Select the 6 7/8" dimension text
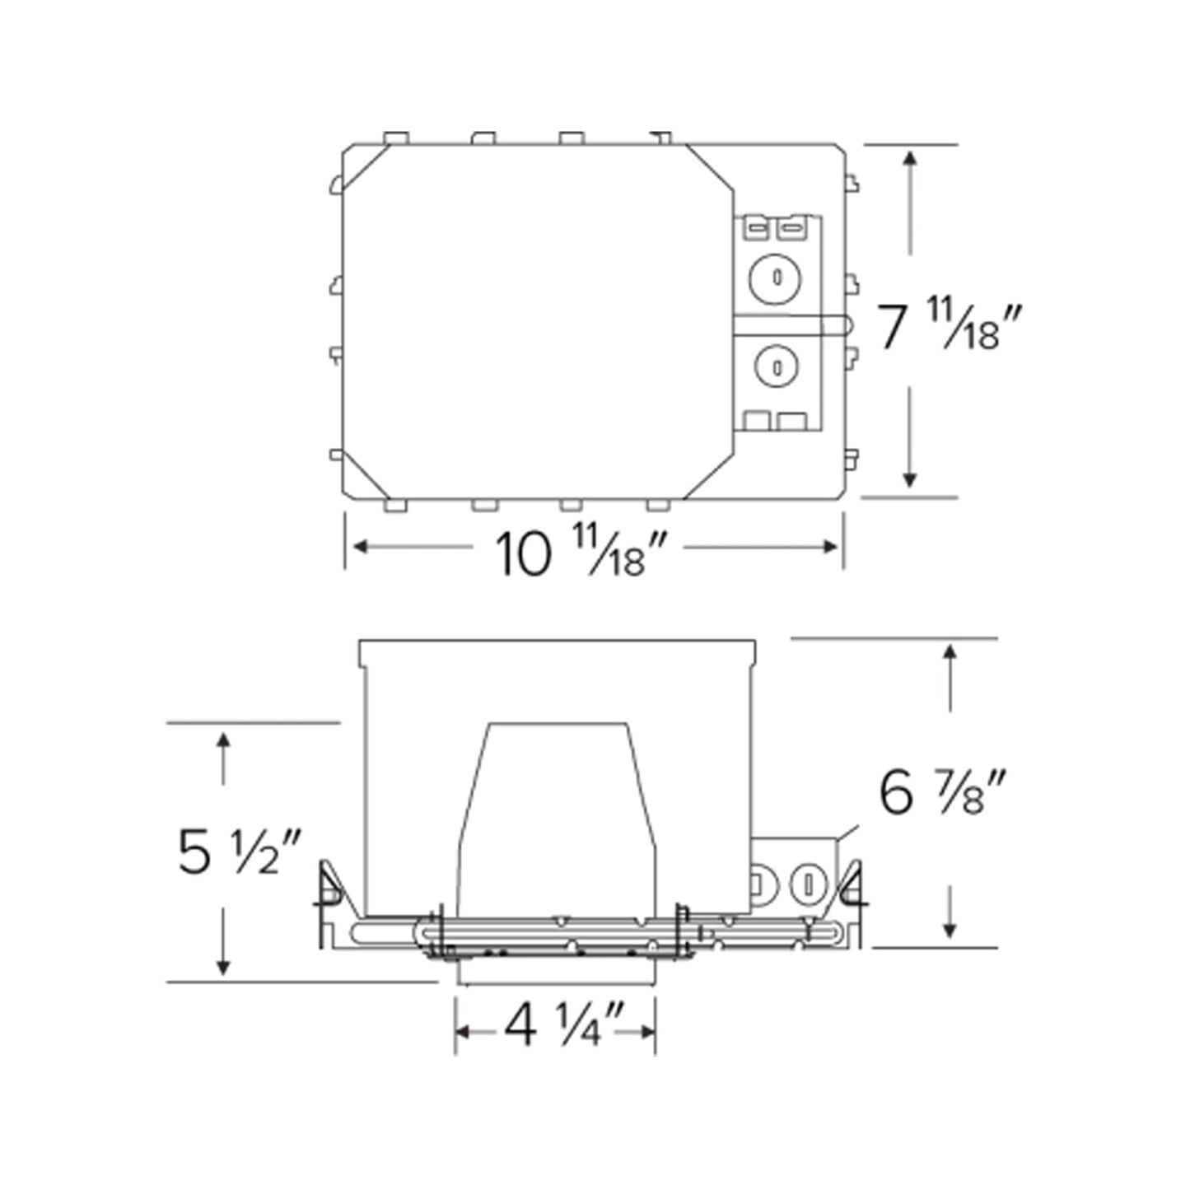(x=942, y=792)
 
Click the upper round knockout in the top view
(x=775, y=278)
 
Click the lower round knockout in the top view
(x=775, y=366)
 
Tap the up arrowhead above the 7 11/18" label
(x=910, y=157)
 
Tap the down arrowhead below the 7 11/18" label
(x=910, y=481)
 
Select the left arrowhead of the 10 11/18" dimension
(x=359, y=547)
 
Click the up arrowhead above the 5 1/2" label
(x=223, y=739)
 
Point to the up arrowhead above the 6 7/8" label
(x=950, y=653)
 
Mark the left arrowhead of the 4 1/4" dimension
(x=462, y=1032)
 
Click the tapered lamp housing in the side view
(x=558, y=815)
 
